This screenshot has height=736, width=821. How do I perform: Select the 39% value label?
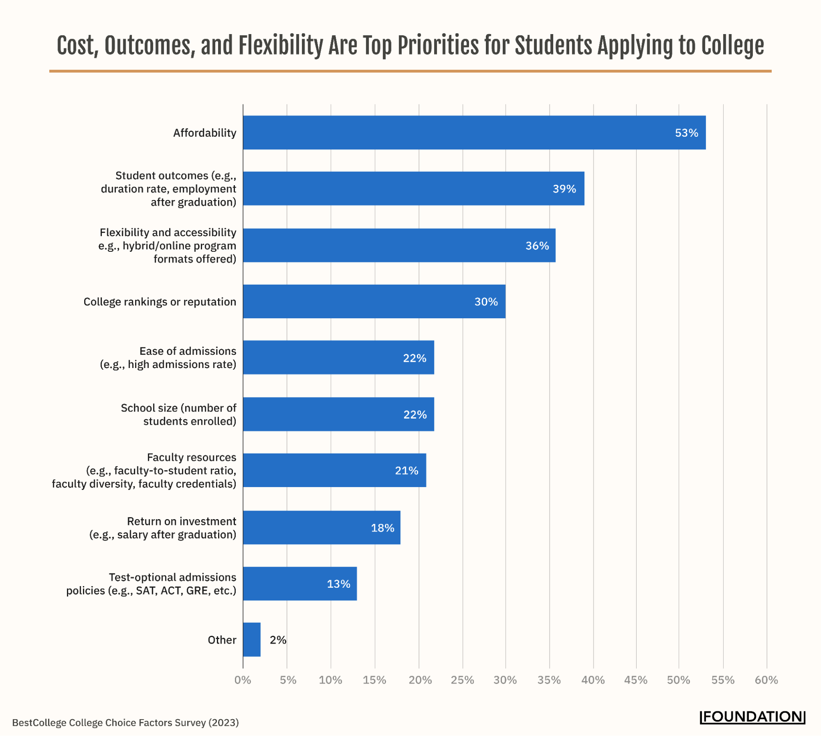pyautogui.click(x=564, y=189)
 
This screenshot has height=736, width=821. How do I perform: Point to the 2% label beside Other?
pyautogui.click(x=278, y=640)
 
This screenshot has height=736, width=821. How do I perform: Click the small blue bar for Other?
pyautogui.click(x=251, y=639)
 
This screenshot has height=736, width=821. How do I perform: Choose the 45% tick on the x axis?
pyautogui.click(x=635, y=680)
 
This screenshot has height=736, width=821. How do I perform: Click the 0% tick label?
pyautogui.click(x=243, y=680)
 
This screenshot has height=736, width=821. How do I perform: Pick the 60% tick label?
pyautogui.click(x=766, y=680)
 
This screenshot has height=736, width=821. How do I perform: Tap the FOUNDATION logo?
pyautogui.click(x=752, y=717)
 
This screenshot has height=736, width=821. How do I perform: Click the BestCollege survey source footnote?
pyautogui.click(x=125, y=722)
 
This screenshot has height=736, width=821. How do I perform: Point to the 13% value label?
pyautogui.click(x=338, y=584)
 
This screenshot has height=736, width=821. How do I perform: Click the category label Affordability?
pyautogui.click(x=205, y=133)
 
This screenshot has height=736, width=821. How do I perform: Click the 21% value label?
pyautogui.click(x=406, y=471)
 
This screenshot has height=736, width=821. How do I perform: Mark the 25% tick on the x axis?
pyautogui.click(x=462, y=680)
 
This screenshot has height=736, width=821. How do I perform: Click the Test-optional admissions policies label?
pyautogui.click(x=151, y=584)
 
